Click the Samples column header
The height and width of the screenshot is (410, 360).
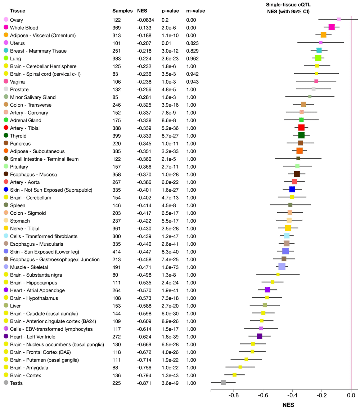point(122,11)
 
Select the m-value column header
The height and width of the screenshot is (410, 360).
point(195,11)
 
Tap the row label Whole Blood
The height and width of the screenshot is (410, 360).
point(24,28)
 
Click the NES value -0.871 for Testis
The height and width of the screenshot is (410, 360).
point(144,383)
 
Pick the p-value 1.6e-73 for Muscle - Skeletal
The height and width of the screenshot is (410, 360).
point(170,267)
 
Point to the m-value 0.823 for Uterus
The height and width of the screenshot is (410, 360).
point(192,43)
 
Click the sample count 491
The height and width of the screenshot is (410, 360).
point(117,267)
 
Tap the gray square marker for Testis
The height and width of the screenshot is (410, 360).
point(223,383)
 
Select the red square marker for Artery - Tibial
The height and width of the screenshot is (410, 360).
point(301,128)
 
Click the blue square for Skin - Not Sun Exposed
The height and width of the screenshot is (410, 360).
point(292,189)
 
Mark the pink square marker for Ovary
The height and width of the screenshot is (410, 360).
point(339,19)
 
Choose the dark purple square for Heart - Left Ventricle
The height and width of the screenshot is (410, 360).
point(260,336)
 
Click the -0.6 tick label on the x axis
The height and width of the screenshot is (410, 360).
point(263,395)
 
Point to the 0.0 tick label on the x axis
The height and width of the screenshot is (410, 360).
point(351,395)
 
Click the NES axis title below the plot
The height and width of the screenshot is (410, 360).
point(288,405)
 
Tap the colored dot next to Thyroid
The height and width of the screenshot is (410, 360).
point(6,135)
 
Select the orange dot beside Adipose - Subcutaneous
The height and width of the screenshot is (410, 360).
point(6,151)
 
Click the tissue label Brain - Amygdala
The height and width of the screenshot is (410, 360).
point(29,367)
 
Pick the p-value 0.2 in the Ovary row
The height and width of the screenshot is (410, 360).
point(165,20)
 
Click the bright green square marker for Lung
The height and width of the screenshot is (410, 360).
point(318,58)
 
